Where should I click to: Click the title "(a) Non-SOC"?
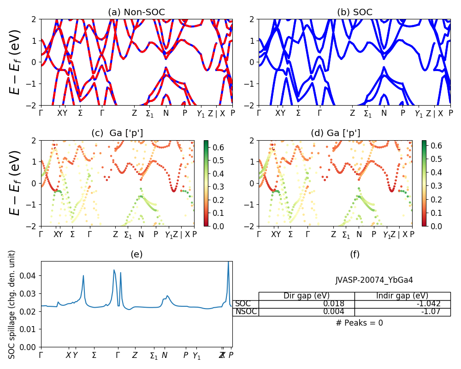[x=136, y=12]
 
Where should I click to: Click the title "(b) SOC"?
[x=355, y=12]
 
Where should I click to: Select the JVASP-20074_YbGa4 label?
[x=374, y=280]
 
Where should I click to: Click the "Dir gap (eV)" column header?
[x=307, y=296]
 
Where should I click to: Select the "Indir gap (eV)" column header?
[x=402, y=296]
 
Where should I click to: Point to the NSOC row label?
[x=246, y=312]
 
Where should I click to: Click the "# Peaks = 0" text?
[x=359, y=323]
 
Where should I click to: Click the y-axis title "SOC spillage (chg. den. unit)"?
[x=12, y=304]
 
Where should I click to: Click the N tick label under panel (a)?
[x=166, y=113]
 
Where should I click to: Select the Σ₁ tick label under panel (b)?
[x=367, y=113]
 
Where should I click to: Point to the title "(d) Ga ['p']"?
[x=335, y=133]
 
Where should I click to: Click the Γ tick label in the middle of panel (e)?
[x=118, y=355]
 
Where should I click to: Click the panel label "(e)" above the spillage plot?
[x=136, y=254]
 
